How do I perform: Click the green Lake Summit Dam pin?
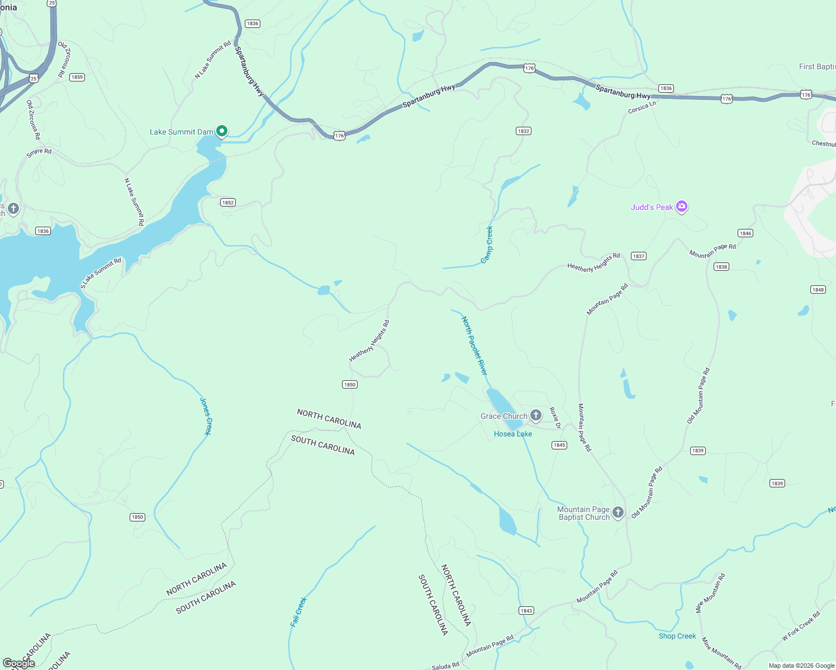(222, 131)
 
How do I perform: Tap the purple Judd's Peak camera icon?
(681, 207)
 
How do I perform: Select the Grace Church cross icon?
(536, 415)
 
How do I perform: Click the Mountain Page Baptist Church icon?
(617, 513)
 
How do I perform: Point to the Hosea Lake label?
(512, 434)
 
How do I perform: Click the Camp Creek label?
(487, 245)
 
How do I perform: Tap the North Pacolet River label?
(474, 346)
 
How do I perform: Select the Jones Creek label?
(206, 416)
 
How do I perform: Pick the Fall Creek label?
(299, 612)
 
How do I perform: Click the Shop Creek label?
(677, 636)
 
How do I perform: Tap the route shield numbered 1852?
(227, 203)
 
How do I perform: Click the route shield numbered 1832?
(523, 131)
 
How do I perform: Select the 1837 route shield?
(638, 256)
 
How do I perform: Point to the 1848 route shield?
(818, 289)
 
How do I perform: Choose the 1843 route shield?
(526, 611)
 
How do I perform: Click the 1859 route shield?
(77, 77)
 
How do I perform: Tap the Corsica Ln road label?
(642, 107)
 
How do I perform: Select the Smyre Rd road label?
(39, 152)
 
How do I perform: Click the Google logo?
(19, 663)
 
